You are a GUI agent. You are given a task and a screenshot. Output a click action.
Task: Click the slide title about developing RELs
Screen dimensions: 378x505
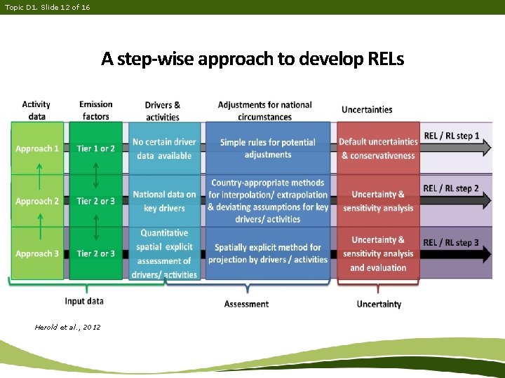(x=252, y=58)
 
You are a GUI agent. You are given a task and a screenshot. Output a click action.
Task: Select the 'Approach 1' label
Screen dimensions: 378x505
(x=37, y=148)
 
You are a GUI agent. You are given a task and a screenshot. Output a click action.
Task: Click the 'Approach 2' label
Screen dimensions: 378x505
(x=37, y=201)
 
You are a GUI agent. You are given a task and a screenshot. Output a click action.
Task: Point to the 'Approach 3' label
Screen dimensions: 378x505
(x=37, y=253)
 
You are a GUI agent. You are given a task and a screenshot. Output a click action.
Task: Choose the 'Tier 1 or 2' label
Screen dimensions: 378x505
(x=96, y=148)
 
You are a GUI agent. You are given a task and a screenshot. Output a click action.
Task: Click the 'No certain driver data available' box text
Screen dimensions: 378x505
(x=165, y=148)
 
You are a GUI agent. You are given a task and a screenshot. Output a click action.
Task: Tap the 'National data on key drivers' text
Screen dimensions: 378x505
(x=164, y=201)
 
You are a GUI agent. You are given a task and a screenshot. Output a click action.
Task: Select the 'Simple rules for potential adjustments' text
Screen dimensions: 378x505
(x=268, y=148)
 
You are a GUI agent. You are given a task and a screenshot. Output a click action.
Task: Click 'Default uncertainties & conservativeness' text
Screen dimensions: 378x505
(x=378, y=148)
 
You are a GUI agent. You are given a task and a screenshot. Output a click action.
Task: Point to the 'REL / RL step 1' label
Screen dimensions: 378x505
(x=451, y=136)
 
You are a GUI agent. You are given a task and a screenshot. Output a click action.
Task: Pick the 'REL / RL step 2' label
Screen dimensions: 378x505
(x=451, y=188)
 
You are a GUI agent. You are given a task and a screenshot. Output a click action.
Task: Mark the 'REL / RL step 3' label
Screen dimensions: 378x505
(x=451, y=242)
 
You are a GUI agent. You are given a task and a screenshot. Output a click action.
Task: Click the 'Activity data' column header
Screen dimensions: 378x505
(x=36, y=111)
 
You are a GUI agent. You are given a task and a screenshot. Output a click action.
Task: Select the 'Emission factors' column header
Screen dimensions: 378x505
(x=96, y=111)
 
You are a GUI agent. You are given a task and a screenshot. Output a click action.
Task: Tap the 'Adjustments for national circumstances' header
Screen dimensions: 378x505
(x=264, y=111)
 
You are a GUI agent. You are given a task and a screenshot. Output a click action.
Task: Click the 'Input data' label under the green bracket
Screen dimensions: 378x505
(x=84, y=301)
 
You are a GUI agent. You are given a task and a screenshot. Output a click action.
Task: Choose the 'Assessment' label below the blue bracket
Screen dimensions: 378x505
(x=246, y=304)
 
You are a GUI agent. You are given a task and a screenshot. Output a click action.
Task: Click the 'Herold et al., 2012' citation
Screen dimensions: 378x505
(x=67, y=327)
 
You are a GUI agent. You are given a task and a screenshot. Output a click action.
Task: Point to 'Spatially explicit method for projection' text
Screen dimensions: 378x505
(x=268, y=253)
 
